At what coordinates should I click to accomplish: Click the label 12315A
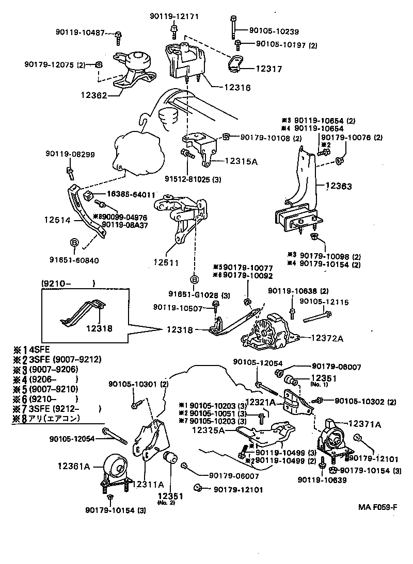(x=242, y=161)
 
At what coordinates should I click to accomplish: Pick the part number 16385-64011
(x=131, y=194)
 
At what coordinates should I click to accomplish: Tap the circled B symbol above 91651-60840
(x=73, y=242)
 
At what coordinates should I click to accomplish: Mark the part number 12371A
(x=364, y=424)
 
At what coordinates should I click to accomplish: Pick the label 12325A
(x=209, y=430)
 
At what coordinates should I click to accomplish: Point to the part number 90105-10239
(x=276, y=31)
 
